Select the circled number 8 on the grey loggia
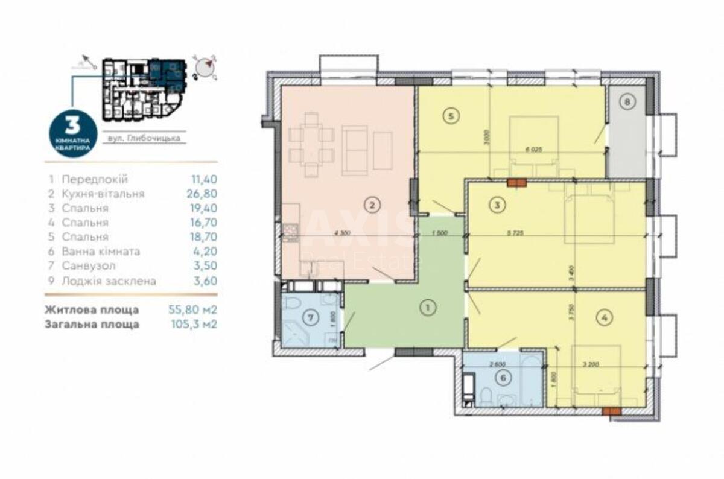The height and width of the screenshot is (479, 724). pyautogui.click(x=627, y=102)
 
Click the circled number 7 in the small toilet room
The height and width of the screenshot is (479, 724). pyautogui.click(x=308, y=316)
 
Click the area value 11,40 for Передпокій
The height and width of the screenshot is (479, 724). pyautogui.click(x=203, y=180)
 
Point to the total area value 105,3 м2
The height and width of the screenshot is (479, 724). pyautogui.click(x=193, y=325)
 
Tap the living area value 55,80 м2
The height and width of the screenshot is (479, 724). pyautogui.click(x=192, y=310)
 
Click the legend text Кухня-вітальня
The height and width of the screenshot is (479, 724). pyautogui.click(x=103, y=194)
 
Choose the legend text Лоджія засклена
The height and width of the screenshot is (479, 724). pyautogui.click(x=109, y=281)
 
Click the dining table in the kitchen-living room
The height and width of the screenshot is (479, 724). pyautogui.click(x=311, y=145)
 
